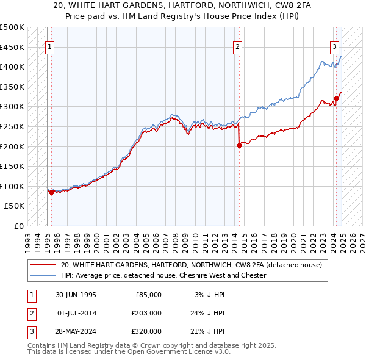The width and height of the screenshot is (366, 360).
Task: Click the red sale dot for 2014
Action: (x=239, y=145)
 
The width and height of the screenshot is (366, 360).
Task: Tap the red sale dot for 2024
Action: (x=336, y=98)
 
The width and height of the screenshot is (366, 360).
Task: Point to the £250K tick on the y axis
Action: (x=13, y=126)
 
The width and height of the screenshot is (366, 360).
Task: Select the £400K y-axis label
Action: (x=13, y=67)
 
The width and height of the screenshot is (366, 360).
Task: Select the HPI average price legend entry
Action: (x=163, y=275)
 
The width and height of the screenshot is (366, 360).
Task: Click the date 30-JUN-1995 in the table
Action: (x=76, y=295)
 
